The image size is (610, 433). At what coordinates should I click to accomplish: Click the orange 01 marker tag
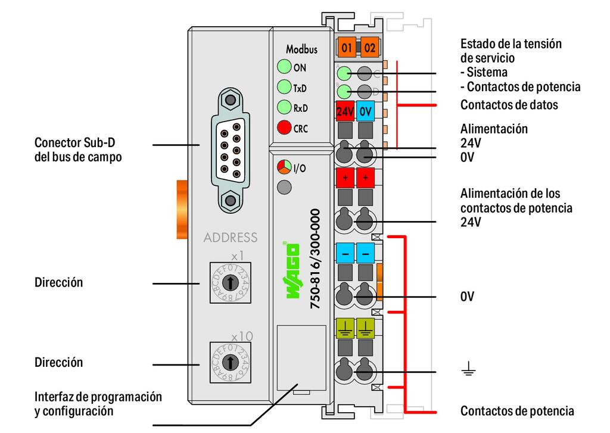[x=346, y=48]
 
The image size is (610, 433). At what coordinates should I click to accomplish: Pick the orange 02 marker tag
[x=369, y=48]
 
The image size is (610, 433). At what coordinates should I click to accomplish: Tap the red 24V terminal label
[x=346, y=111]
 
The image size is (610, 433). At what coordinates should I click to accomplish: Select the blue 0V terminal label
[x=366, y=111]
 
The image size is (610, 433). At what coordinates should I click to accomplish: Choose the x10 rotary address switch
[x=228, y=362]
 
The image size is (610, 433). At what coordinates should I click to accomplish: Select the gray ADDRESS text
[x=231, y=238]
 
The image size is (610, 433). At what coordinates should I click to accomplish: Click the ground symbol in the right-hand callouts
[x=468, y=372]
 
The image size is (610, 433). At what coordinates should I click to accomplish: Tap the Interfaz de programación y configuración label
[x=98, y=403]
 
